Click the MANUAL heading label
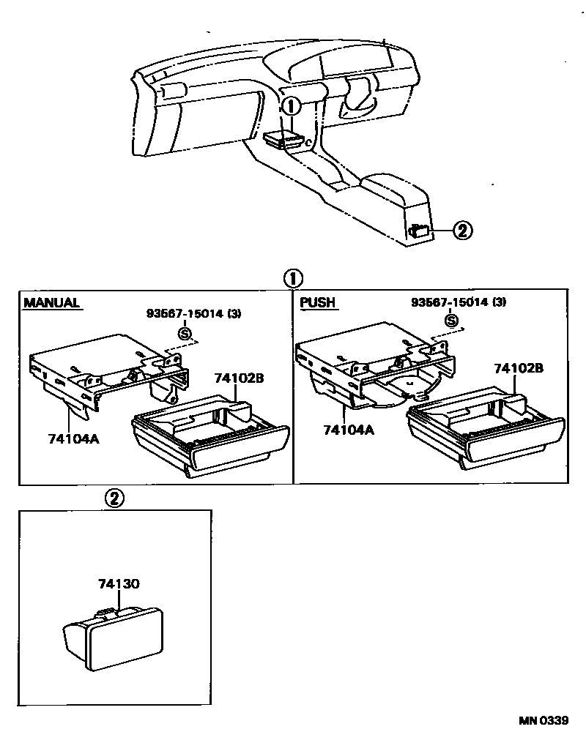(x=51, y=303)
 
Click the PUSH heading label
(x=318, y=302)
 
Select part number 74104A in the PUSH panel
(x=348, y=430)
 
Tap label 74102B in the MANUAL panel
(x=239, y=378)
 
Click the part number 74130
(x=119, y=583)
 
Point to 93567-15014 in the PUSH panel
(x=458, y=302)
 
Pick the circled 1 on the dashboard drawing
(x=292, y=106)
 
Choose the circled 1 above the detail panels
(x=292, y=279)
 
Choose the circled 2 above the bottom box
(x=114, y=498)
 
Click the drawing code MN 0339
(x=544, y=720)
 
